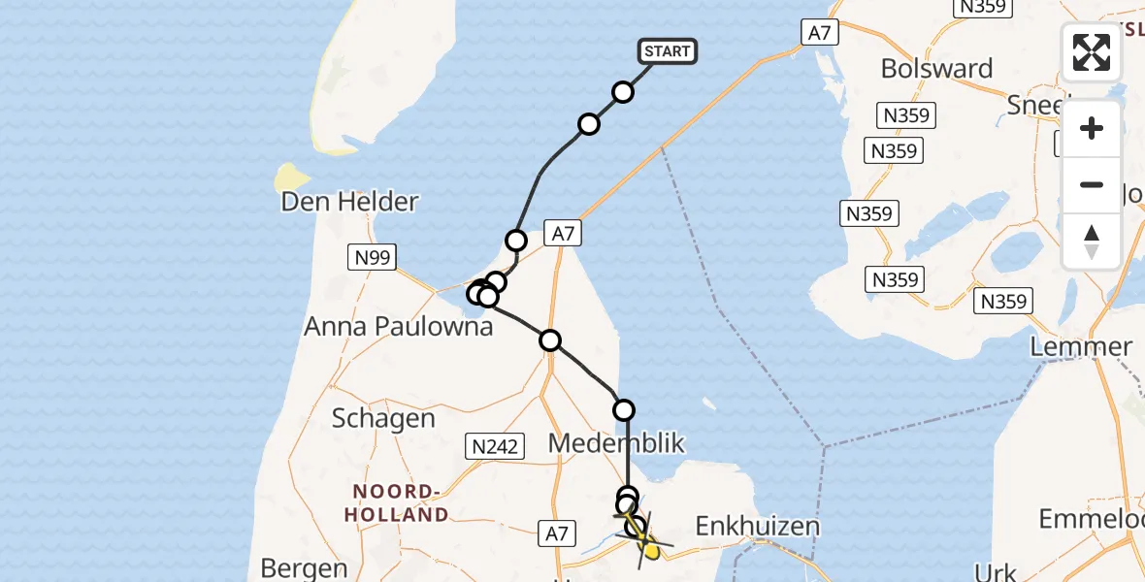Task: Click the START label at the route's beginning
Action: click(x=668, y=51)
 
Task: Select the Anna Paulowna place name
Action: click(x=398, y=326)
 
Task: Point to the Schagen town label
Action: click(x=383, y=418)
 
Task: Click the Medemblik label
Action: click(x=616, y=444)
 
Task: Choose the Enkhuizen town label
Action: click(x=758, y=527)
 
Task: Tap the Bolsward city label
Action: click(x=936, y=69)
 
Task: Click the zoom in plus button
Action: click(x=1092, y=128)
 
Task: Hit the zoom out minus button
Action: click(x=1092, y=184)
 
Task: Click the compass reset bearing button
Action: click(x=1092, y=241)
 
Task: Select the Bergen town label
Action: click(x=304, y=567)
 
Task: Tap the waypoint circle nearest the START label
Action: click(x=623, y=92)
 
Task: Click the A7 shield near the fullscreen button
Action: click(x=819, y=32)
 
